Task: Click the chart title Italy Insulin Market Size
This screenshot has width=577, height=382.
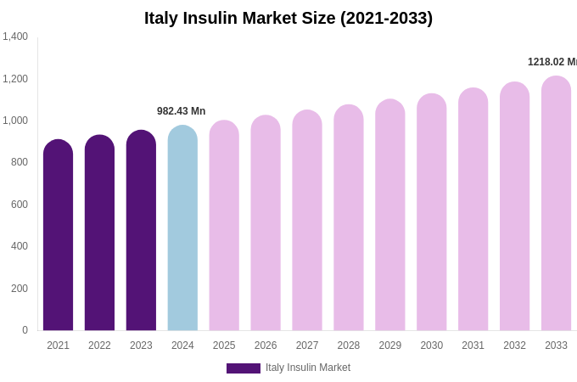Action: [288, 18]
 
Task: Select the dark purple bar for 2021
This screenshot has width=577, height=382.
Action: [58, 238]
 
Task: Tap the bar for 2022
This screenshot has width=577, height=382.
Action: [99, 235]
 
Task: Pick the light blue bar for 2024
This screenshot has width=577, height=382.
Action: [182, 230]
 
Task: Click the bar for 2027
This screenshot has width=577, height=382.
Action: [307, 222]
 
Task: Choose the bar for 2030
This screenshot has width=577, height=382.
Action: [431, 214]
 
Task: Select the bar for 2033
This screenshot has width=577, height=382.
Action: [556, 205]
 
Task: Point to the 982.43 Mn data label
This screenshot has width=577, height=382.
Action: [181, 111]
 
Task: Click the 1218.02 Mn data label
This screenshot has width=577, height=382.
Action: [552, 62]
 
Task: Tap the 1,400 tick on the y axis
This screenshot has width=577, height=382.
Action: [15, 37]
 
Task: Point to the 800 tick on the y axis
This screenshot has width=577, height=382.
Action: [19, 162]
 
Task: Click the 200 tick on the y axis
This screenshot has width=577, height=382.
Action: [19, 289]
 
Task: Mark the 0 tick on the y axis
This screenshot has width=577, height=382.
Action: [25, 330]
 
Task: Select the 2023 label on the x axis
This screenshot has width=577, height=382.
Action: [141, 345]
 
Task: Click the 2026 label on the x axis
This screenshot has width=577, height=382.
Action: [266, 345]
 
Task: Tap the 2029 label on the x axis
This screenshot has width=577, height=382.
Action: [390, 345]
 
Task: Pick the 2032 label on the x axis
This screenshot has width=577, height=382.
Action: [514, 345]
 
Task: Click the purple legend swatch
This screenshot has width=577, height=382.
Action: [244, 368]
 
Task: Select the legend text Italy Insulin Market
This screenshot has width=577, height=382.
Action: [308, 368]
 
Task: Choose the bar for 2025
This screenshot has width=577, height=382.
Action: [224, 228]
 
